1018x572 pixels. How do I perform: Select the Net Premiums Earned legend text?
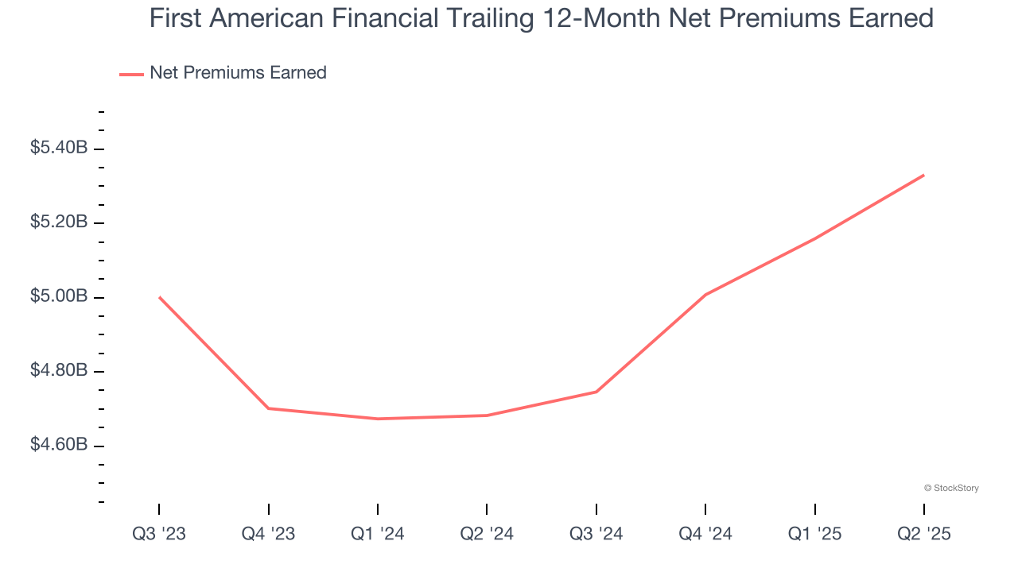pyautogui.click(x=238, y=73)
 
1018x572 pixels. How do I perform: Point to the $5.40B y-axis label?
pyautogui.click(x=59, y=148)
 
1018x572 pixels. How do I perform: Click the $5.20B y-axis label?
pyautogui.click(x=59, y=222)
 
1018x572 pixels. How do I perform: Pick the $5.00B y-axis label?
pyautogui.click(x=59, y=296)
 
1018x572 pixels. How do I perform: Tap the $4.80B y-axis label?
pyautogui.click(x=59, y=370)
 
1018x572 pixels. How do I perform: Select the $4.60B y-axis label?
pyautogui.click(x=59, y=445)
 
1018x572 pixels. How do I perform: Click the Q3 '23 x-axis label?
pyautogui.click(x=159, y=534)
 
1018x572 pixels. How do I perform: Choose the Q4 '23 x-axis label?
pyautogui.click(x=268, y=534)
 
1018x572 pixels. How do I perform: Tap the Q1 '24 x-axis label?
pyautogui.click(x=378, y=534)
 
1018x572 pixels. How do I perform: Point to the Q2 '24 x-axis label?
pyautogui.click(x=487, y=534)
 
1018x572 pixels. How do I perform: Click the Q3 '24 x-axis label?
pyautogui.click(x=596, y=534)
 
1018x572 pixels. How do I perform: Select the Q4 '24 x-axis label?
pyautogui.click(x=705, y=534)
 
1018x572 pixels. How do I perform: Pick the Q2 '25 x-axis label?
pyautogui.click(x=924, y=534)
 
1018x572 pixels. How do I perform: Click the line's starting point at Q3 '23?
pyautogui.click(x=159, y=297)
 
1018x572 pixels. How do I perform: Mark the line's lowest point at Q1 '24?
pyautogui.click(x=378, y=419)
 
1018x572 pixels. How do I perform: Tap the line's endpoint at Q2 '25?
pyautogui.click(x=924, y=175)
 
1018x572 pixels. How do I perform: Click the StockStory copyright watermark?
pyautogui.click(x=951, y=488)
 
